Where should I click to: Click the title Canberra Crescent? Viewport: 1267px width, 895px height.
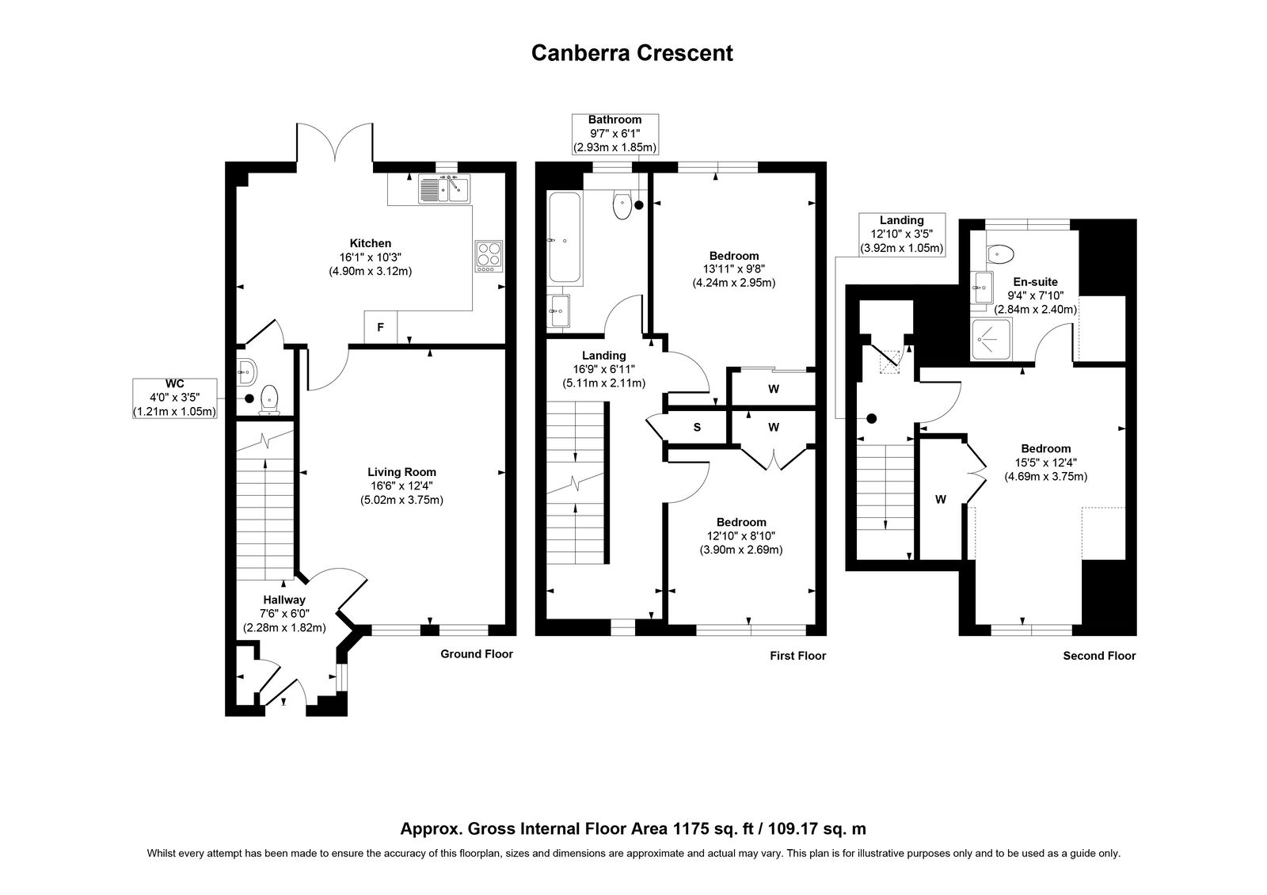[632, 53]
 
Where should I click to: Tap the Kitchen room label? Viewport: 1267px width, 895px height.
[371, 243]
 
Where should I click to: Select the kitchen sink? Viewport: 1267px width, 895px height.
[444, 189]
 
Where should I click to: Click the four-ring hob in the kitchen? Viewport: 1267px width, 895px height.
[489, 257]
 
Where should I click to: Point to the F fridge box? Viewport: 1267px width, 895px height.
[381, 327]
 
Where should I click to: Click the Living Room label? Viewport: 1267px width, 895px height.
[401, 472]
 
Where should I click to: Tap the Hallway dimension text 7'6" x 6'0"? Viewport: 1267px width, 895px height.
[284, 613]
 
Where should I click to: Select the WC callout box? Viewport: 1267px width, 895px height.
[175, 398]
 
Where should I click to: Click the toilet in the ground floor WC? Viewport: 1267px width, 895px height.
[269, 399]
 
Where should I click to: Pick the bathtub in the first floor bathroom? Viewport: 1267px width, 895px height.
[564, 238]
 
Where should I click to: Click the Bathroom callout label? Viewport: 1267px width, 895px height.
[614, 120]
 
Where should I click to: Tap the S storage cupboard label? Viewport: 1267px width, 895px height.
[697, 428]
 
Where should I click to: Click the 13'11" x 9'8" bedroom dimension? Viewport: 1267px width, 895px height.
[734, 269]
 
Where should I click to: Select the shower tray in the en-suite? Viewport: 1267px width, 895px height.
[991, 340]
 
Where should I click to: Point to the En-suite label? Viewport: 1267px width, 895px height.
[1035, 282]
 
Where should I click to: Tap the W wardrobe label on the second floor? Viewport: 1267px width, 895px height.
[941, 500]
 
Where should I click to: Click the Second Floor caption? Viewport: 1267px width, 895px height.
[1099, 656]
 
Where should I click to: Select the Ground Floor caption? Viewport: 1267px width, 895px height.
[477, 654]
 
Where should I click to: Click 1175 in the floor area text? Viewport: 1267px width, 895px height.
[690, 828]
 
